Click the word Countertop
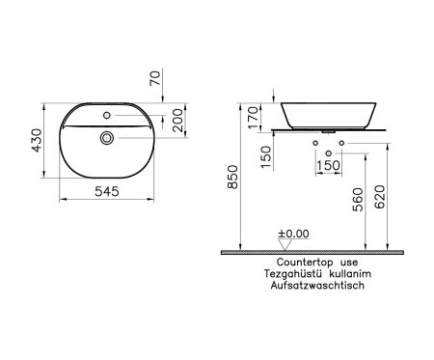(x=302, y=262)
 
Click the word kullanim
(x=351, y=274)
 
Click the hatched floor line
(x=313, y=251)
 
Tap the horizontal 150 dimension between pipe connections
(x=329, y=165)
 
